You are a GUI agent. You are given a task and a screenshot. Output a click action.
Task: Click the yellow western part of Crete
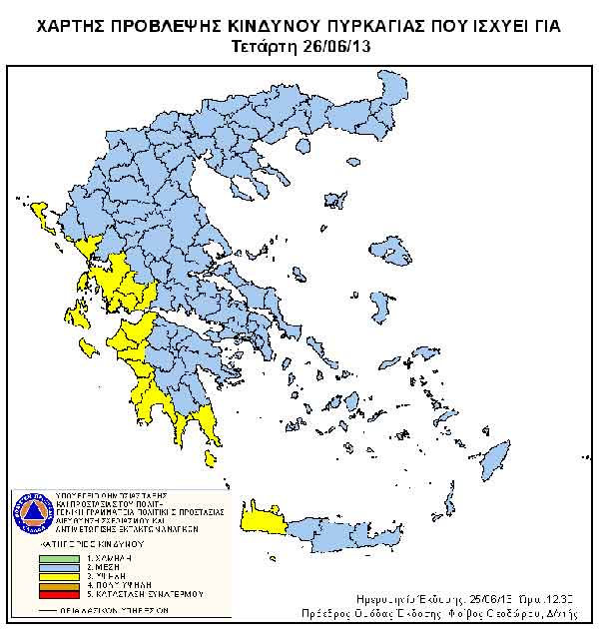point(266,520)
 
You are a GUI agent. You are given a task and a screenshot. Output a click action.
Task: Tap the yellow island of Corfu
point(42,212)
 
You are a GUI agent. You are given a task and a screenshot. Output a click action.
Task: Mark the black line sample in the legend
point(58,609)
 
